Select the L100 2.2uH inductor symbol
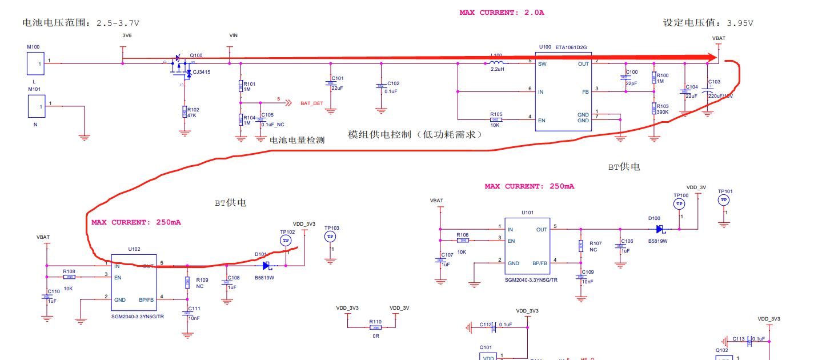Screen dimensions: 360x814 point(496,63)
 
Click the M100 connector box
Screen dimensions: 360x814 point(36,63)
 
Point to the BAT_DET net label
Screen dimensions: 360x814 point(312,103)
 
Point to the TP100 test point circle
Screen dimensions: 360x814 point(679,204)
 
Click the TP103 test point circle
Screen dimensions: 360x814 point(330,237)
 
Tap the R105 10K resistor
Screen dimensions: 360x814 point(496,119)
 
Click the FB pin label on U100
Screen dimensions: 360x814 point(585,92)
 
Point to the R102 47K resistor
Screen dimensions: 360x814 point(184,112)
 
